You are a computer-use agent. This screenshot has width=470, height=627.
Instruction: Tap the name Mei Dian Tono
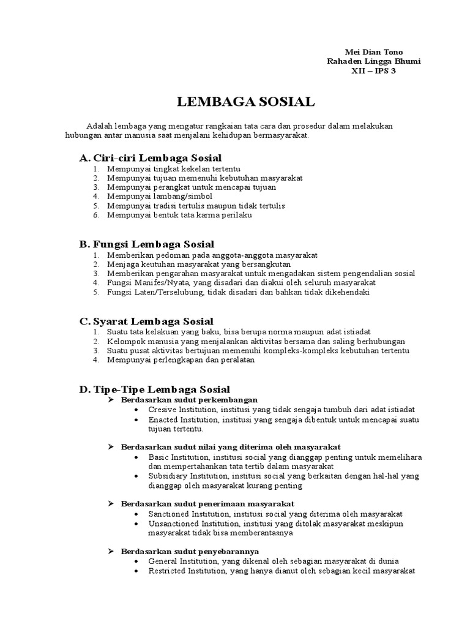[x=374, y=51]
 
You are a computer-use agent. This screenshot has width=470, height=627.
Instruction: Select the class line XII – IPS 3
[x=373, y=71]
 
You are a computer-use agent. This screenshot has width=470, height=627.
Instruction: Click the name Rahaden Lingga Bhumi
[x=374, y=61]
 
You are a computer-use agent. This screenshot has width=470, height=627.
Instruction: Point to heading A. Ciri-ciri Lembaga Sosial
[x=151, y=157]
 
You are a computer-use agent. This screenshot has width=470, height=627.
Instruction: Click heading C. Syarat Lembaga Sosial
[x=146, y=321]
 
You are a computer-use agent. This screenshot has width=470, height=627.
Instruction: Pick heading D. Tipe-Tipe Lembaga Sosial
[x=155, y=389]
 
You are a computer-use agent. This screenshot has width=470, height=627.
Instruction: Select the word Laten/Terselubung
[x=170, y=293]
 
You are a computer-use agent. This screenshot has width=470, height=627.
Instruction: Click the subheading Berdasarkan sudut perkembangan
[x=181, y=400]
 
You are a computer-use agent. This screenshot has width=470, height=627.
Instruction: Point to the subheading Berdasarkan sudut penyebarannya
[x=190, y=550]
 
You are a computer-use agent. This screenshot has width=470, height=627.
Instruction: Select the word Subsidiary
[x=166, y=476]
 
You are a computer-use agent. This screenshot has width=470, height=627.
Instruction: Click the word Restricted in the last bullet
[x=167, y=571]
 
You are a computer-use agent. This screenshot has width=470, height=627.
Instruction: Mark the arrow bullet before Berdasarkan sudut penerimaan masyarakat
[x=111, y=504]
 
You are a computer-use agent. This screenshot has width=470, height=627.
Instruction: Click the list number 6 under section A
[x=96, y=216]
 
